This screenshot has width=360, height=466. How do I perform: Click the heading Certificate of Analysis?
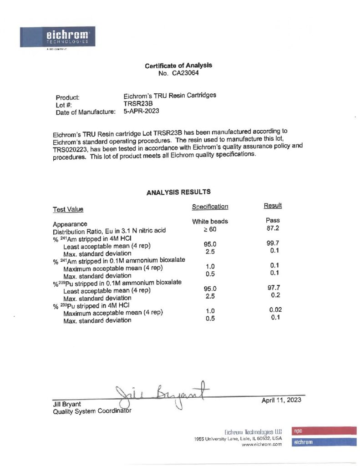178,66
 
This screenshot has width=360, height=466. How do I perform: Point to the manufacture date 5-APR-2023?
141,111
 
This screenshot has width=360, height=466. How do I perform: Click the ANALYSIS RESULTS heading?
178,192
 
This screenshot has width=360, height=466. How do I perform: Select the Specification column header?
210,207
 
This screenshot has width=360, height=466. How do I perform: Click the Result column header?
273,206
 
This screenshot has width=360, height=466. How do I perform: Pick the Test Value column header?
68,209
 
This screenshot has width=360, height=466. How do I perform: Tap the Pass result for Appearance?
273,220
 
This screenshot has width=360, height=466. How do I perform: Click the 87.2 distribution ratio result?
273,228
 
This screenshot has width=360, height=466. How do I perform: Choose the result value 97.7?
273,288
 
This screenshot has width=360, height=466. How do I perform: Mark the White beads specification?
210,222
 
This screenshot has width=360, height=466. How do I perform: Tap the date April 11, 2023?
281,400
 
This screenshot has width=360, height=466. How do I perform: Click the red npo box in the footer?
324,431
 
